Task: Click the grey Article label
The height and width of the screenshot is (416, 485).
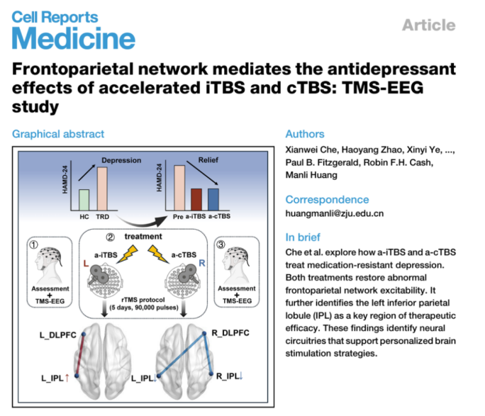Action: tap(428, 26)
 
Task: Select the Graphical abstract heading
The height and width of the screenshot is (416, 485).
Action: tap(58, 134)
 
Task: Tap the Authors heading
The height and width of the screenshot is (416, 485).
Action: tap(305, 134)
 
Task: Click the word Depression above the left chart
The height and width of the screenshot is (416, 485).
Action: tap(122, 160)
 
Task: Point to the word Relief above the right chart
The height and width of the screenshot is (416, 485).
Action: tap(207, 160)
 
